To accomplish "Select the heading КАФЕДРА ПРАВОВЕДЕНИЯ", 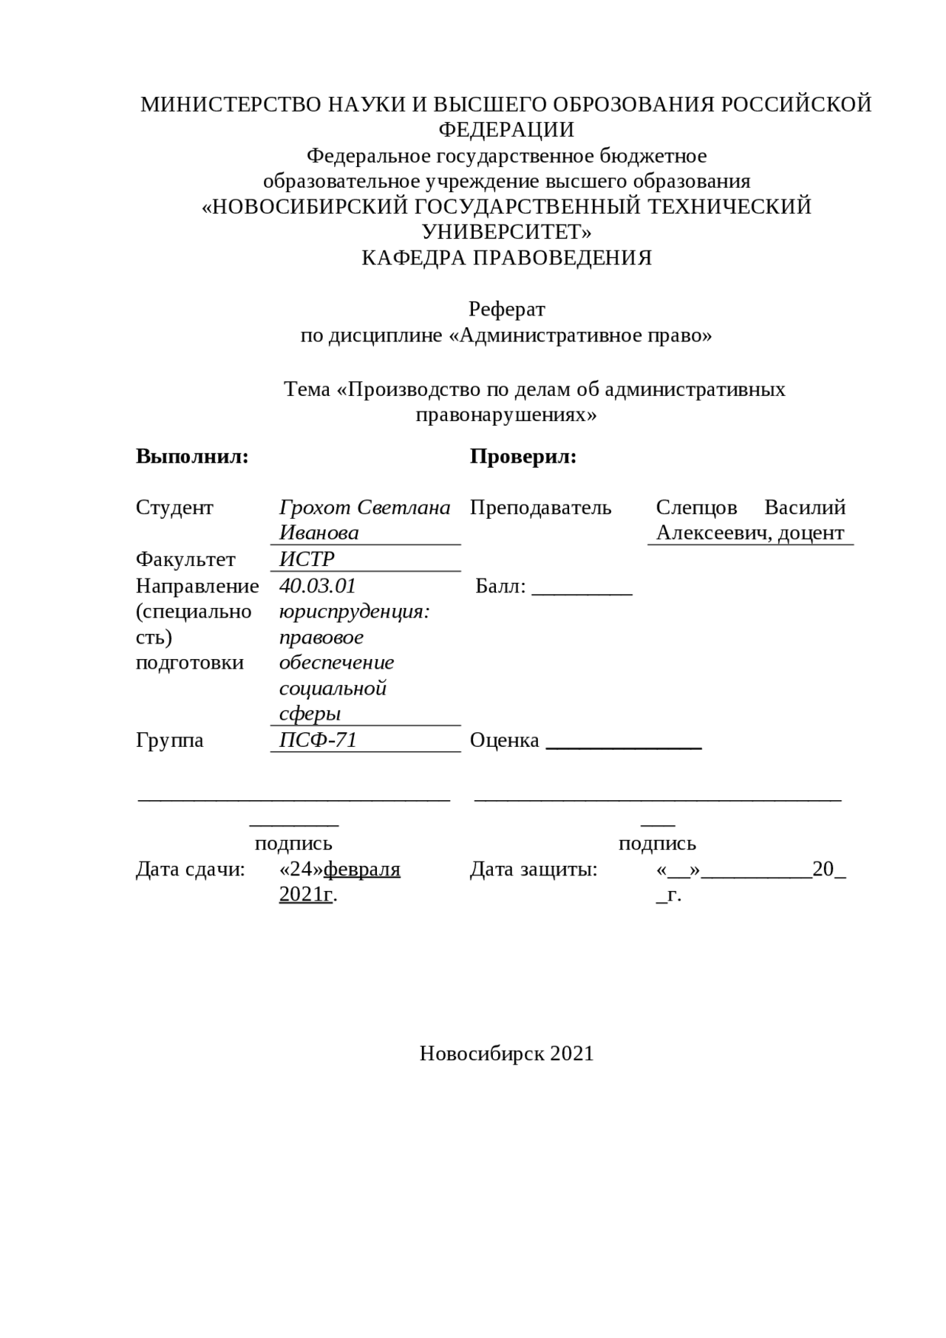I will [506, 258].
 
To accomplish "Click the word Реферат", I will [506, 309].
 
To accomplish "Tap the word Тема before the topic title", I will [307, 389].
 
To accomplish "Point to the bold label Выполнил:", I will [192, 457].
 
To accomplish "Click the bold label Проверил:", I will [523, 457].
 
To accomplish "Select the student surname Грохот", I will [316, 508].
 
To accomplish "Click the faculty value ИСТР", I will [307, 559].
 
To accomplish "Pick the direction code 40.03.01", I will [318, 586].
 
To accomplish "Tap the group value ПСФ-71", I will [318, 740].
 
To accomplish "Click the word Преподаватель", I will [540, 508].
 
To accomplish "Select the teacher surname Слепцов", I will [696, 508].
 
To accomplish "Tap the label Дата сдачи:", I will [190, 870].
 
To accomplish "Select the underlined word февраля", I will [362, 870].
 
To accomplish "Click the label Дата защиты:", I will [534, 870].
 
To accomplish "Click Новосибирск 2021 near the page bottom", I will [506, 1054].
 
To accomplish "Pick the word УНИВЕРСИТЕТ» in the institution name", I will [506, 232].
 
